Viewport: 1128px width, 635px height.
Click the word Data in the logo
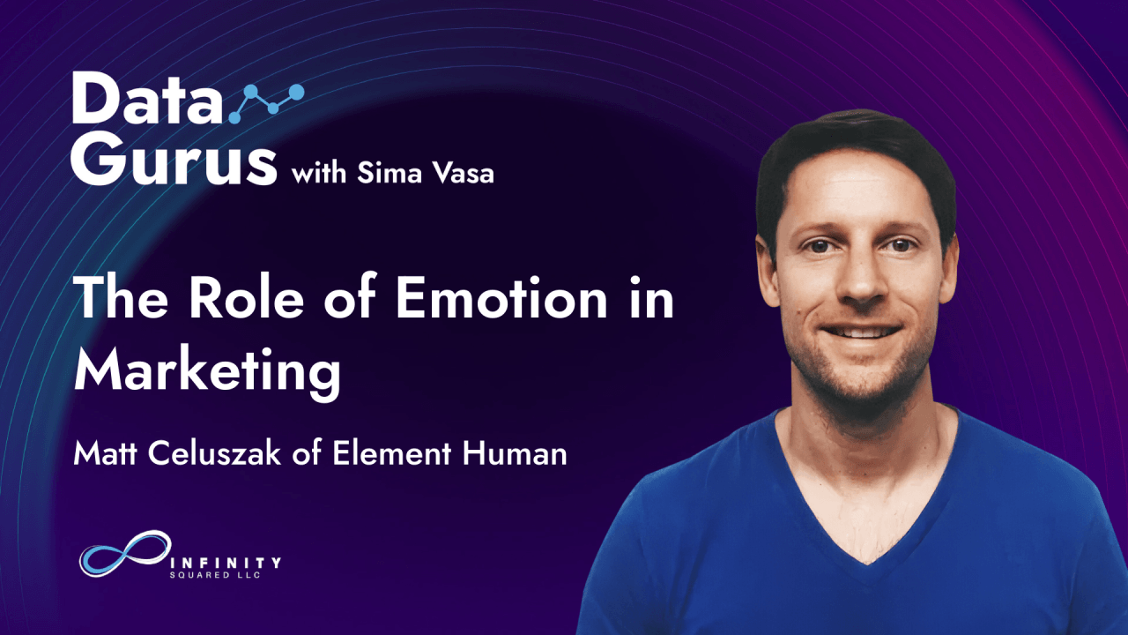[x=146, y=98]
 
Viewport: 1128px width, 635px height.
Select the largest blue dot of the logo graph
[x=296, y=93]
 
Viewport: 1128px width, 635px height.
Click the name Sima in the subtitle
[x=390, y=174]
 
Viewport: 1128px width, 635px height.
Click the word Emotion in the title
[x=501, y=298]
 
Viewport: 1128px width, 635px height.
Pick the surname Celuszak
[x=214, y=453]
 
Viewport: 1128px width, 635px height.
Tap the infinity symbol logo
[x=125, y=553]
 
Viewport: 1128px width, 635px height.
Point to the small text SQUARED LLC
[x=215, y=575]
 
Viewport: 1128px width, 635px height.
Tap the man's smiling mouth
[x=861, y=332]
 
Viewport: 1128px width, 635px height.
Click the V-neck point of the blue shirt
[x=866, y=564]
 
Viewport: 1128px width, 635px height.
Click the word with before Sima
[x=319, y=174]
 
